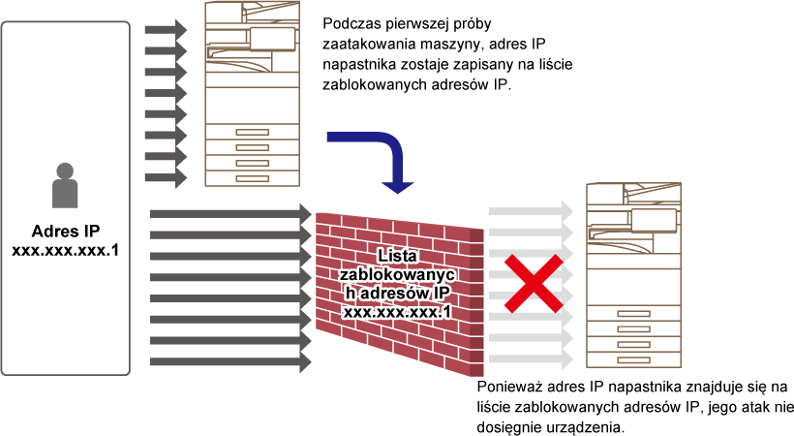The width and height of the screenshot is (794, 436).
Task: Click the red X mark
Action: pos(533,284)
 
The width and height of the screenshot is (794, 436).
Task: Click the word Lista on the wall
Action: pos(397,256)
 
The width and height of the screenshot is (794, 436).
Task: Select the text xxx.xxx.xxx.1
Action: pos(397,312)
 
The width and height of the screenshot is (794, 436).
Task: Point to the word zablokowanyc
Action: pos(397,274)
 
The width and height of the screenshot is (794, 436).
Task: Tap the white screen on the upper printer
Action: pos(272,39)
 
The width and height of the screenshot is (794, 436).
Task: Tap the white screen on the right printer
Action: pos(654,220)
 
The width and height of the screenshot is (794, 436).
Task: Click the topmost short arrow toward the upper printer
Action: pos(166,30)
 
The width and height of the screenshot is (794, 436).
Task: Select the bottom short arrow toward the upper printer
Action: pos(166,178)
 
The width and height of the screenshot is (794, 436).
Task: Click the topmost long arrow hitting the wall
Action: pos(230,213)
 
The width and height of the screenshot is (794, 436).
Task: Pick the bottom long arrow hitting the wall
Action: pos(230,362)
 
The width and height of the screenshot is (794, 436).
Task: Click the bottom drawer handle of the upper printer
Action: pos(252,178)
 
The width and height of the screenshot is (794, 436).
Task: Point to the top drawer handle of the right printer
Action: pos(633,313)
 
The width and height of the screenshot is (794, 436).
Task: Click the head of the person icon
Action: pos(65,171)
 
